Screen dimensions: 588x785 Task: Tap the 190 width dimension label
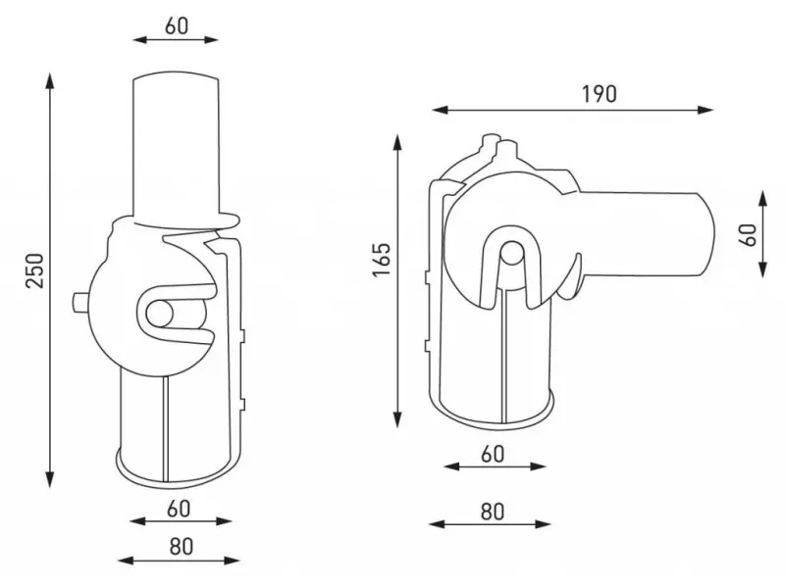[x=598, y=94]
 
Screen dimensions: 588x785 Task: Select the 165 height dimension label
[x=381, y=261]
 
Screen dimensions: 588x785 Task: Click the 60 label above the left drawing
[x=177, y=25]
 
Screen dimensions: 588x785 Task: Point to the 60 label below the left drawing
[x=177, y=509]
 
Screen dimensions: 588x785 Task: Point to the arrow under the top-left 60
[x=177, y=41]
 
